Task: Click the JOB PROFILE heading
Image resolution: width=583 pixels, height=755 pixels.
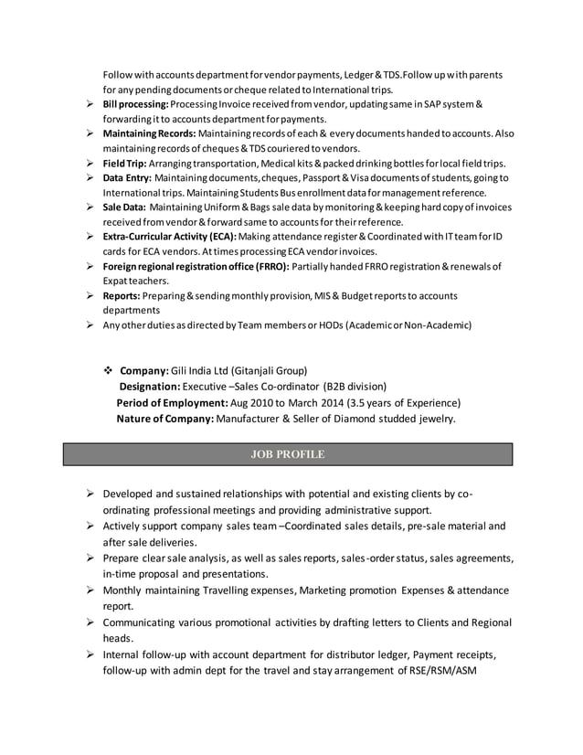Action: point(287,453)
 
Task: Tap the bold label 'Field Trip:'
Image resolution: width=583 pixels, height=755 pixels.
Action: point(123,163)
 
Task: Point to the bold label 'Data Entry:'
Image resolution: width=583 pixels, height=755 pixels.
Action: point(127,177)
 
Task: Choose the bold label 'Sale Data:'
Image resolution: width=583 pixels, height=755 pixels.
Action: point(124,207)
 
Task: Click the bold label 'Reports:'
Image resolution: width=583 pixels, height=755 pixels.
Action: point(121,295)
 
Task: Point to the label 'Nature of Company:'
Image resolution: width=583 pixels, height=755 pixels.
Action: point(164,419)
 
